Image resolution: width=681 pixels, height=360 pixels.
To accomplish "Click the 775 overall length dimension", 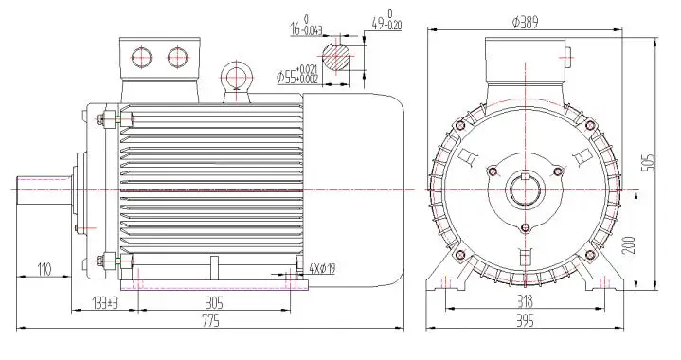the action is [x=211, y=321].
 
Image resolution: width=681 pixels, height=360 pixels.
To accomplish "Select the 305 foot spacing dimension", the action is [x=214, y=302].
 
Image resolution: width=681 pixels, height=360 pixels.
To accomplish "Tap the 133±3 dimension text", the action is [x=105, y=302].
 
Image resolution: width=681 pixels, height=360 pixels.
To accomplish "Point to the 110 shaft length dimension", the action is [x=45, y=270].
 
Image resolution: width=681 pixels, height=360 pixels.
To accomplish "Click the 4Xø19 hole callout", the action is [x=322, y=269].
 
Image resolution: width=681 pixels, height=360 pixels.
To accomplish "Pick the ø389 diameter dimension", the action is [x=525, y=23].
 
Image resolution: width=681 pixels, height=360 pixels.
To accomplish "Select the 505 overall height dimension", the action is [x=650, y=162].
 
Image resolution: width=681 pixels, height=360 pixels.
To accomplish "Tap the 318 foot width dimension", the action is [x=525, y=301].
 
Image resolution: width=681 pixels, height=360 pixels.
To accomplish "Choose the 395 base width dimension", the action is [x=525, y=321].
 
